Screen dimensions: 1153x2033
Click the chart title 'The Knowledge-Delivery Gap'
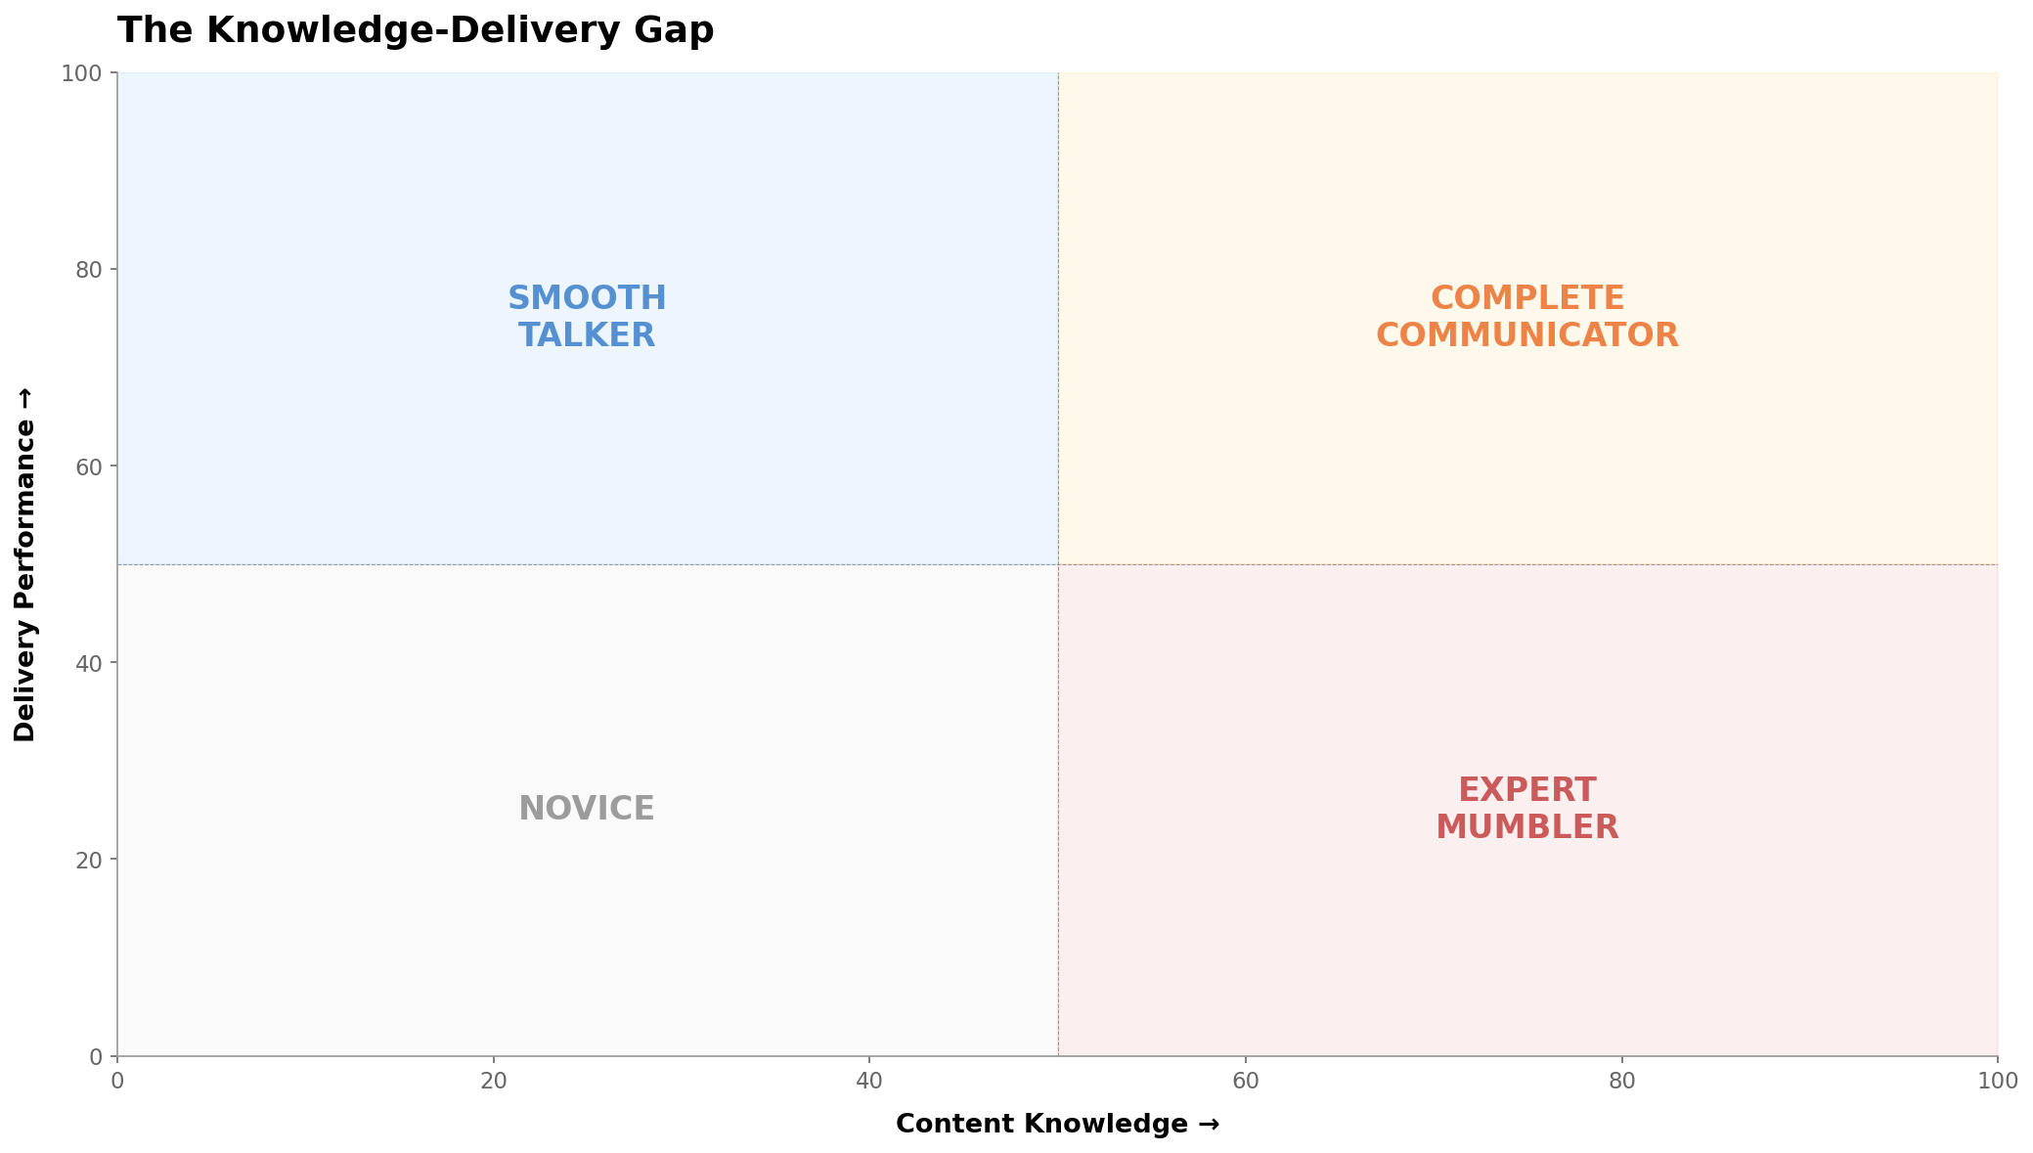(x=416, y=30)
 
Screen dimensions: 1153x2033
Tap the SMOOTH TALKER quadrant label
(x=587, y=317)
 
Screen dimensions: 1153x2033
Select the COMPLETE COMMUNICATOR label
(x=1526, y=317)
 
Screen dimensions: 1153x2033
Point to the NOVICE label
(x=587, y=809)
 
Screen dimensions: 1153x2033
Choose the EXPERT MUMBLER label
(x=1526, y=809)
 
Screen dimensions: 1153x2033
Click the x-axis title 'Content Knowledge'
(x=1057, y=1124)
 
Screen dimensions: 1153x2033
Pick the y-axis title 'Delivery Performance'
(x=25, y=564)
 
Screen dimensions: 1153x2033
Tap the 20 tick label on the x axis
(x=494, y=1081)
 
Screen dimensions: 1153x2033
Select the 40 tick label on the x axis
(x=869, y=1081)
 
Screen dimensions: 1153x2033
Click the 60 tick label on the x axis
(x=1246, y=1081)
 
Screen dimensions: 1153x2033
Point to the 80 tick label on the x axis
(x=1621, y=1081)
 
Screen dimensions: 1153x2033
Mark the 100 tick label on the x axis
(x=1997, y=1081)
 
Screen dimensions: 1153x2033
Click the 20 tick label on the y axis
(x=90, y=860)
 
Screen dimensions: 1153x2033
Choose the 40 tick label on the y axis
(x=90, y=663)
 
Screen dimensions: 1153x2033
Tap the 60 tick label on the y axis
(x=90, y=466)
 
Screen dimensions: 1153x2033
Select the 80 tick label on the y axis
(x=90, y=270)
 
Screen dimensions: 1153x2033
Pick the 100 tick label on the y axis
(x=84, y=73)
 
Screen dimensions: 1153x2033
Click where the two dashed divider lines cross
(x=1058, y=564)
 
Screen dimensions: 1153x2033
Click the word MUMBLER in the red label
(x=1526, y=827)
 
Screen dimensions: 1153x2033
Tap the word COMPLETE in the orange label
(x=1526, y=298)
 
